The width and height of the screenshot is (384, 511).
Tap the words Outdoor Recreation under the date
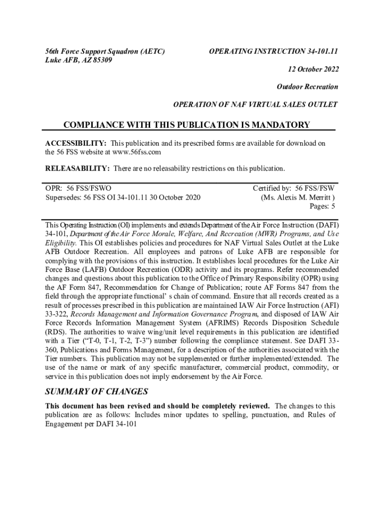pyautogui.click(x=307, y=87)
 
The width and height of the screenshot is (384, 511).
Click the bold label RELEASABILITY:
pyautogui.click(x=77, y=168)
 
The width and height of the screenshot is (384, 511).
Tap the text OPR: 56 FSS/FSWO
pyautogui.click(x=76, y=189)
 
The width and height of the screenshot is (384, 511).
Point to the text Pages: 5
pyautogui.click(x=322, y=206)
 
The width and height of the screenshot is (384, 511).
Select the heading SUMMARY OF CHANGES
pyautogui.click(x=97, y=392)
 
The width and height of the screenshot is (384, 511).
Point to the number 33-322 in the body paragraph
pyautogui.click(x=56, y=314)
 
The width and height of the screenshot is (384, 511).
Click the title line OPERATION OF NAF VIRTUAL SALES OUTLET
pyautogui.click(x=255, y=105)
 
